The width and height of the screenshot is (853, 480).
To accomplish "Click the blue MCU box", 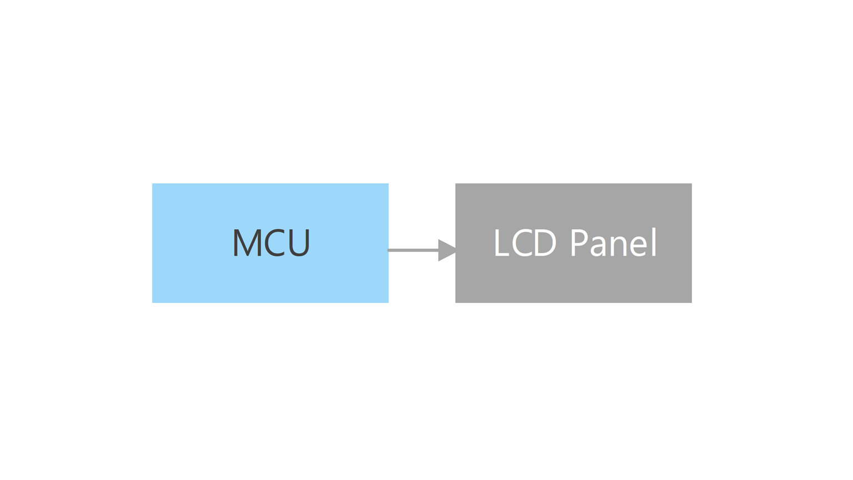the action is [270, 243].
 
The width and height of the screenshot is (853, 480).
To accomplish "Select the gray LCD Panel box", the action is [574, 243].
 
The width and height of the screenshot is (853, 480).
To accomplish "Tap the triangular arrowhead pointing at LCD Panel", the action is [447, 251].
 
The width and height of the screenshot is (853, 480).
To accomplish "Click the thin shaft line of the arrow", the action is [413, 251].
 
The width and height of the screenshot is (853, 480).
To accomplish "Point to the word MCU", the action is [272, 243].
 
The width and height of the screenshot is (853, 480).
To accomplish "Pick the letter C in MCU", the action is [274, 243].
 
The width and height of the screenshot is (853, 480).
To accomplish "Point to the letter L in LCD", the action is [501, 243].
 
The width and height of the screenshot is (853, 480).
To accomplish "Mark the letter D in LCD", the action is [546, 243].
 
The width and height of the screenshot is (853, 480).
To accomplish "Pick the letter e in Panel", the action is [641, 247].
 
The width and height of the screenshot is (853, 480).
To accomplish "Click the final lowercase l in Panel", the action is [655, 242].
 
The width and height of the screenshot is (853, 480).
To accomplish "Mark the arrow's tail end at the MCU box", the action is [388, 251].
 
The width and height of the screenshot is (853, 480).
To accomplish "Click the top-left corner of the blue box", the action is [152, 184].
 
